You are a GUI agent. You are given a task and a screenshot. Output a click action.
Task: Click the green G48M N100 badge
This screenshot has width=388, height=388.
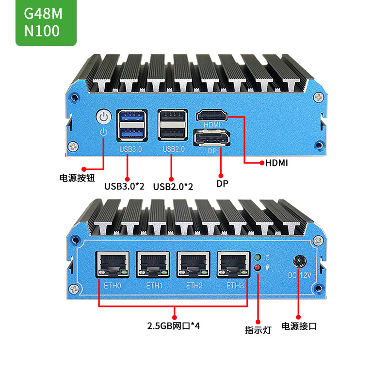46,22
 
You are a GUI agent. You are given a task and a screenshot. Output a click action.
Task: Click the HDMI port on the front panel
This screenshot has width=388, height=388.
212,115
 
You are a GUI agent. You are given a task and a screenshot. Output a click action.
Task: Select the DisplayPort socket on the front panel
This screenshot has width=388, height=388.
212,138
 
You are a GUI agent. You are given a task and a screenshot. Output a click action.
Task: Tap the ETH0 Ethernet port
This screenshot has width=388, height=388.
113,264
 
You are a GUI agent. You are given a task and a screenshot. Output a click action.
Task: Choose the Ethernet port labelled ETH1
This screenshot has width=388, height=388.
153,264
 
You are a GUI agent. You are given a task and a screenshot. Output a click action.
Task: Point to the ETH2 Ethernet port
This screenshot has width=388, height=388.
194,264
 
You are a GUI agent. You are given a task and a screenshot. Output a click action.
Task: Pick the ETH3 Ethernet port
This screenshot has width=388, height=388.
234,264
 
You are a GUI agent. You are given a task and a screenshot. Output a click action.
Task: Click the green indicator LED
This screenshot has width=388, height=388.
258,257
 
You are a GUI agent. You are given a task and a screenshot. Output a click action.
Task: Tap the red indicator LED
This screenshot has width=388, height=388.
258,268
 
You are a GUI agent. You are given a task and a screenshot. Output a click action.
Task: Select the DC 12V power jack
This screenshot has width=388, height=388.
299,262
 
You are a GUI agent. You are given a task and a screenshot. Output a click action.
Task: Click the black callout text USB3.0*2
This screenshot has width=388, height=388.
124,186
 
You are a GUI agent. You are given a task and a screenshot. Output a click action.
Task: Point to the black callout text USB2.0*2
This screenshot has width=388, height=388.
173,187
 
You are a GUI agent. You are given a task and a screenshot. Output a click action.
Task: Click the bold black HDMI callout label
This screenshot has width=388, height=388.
276,163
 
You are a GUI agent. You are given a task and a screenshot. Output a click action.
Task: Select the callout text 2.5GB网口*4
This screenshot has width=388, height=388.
173,326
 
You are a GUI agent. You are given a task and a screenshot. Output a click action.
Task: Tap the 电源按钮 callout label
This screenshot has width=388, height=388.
77,178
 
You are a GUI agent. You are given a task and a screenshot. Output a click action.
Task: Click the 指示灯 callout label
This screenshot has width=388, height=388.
258,330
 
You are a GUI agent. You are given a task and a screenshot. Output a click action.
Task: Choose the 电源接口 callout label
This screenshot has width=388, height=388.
299,326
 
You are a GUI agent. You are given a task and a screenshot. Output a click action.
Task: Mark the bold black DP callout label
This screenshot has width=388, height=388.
222,184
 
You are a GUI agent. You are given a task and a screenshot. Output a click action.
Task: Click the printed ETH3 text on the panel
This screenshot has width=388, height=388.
235,286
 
